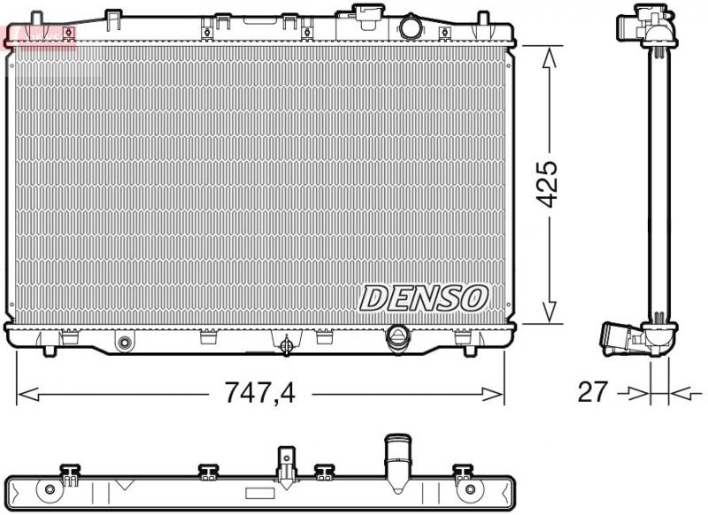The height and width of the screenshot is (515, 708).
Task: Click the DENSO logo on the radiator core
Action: (423, 298)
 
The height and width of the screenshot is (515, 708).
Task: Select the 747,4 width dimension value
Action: (260, 392)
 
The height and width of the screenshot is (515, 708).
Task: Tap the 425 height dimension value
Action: (550, 184)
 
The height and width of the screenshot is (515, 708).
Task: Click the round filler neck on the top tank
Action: (410, 27)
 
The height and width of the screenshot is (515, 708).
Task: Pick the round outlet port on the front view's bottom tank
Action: (398, 336)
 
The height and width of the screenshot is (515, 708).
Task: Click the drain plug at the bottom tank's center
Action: (286, 345)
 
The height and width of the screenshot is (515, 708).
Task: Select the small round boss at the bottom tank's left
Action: (125, 342)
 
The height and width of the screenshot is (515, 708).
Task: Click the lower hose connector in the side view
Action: (619, 337)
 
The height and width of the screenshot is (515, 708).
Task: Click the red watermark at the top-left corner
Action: (41, 35)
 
